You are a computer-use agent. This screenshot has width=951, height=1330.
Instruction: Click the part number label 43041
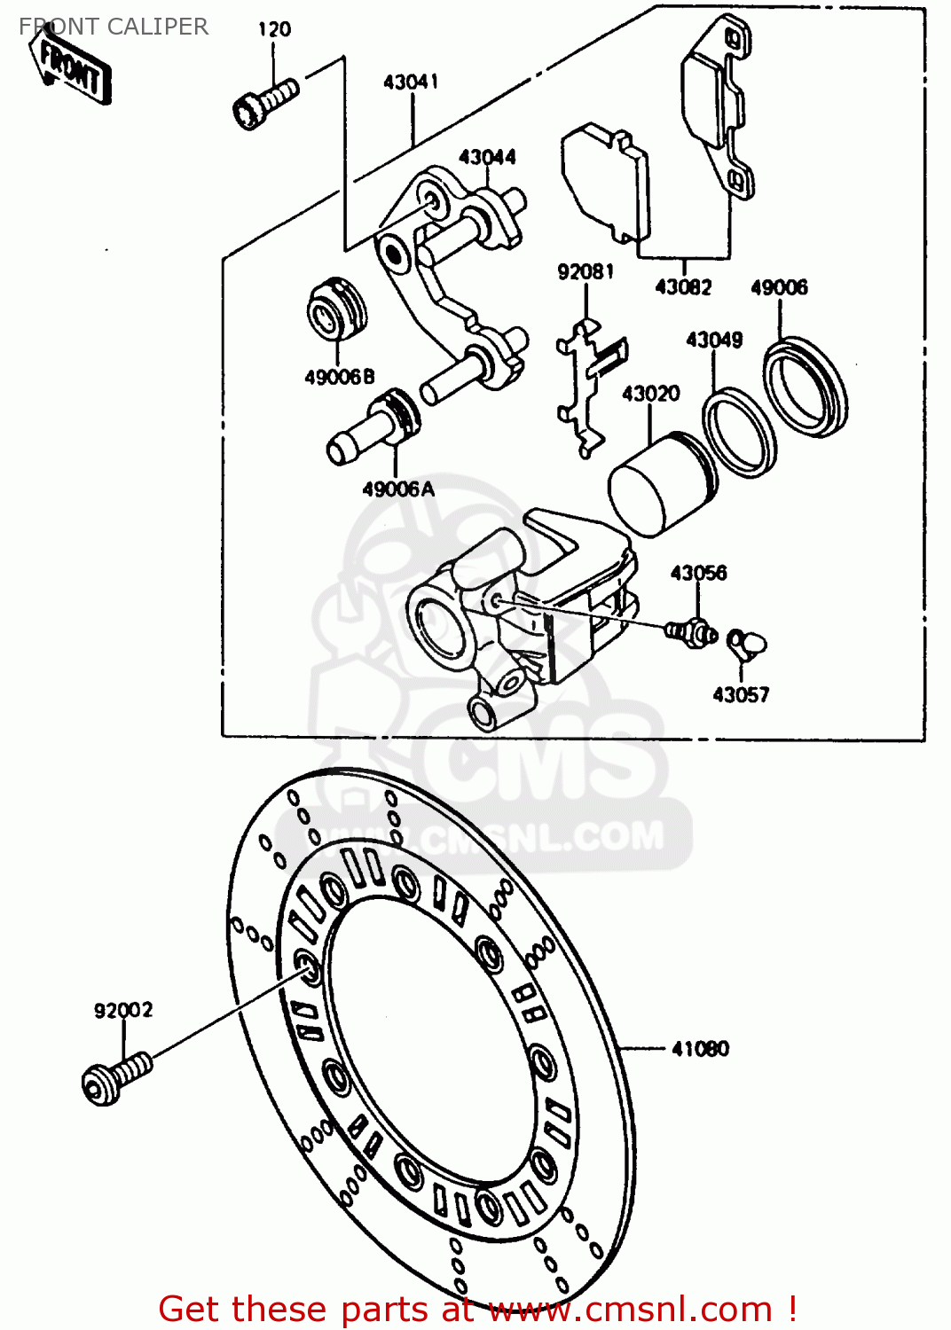pyautogui.click(x=411, y=82)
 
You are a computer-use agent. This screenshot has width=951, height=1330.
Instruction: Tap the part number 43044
pyautogui.click(x=487, y=157)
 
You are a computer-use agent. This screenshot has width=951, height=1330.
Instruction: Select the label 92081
pyautogui.click(x=586, y=271)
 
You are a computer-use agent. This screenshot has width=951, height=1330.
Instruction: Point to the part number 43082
pyautogui.click(x=683, y=286)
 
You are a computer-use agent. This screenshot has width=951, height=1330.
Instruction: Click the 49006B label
pyautogui.click(x=340, y=377)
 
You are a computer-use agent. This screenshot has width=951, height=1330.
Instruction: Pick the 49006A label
pyautogui.click(x=398, y=489)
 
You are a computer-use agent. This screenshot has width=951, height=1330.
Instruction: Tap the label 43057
pyautogui.click(x=741, y=694)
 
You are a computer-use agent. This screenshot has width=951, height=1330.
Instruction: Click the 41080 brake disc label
pyautogui.click(x=700, y=1049)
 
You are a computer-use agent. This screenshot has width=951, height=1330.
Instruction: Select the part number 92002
pyautogui.click(x=123, y=1010)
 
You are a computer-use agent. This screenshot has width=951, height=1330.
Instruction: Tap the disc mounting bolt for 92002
pyautogui.click(x=115, y=1076)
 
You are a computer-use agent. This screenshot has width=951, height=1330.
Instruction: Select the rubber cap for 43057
pyautogui.click(x=747, y=643)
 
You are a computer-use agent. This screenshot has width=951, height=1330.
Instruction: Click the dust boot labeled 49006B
pyautogui.click(x=336, y=309)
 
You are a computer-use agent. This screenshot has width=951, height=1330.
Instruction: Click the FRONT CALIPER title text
pyautogui.click(x=114, y=27)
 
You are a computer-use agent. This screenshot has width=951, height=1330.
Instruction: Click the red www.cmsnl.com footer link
pyautogui.click(x=630, y=1309)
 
